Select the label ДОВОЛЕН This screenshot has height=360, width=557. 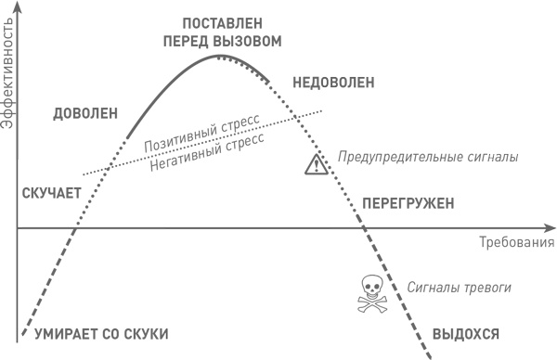[x=84, y=113]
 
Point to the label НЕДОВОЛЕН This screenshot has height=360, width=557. [x=333, y=83]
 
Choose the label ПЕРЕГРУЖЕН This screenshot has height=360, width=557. [x=407, y=201]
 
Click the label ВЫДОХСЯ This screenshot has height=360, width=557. [x=466, y=333]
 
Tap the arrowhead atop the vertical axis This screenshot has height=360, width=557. [x=18, y=7]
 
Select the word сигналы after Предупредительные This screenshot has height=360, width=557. [x=491, y=158]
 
